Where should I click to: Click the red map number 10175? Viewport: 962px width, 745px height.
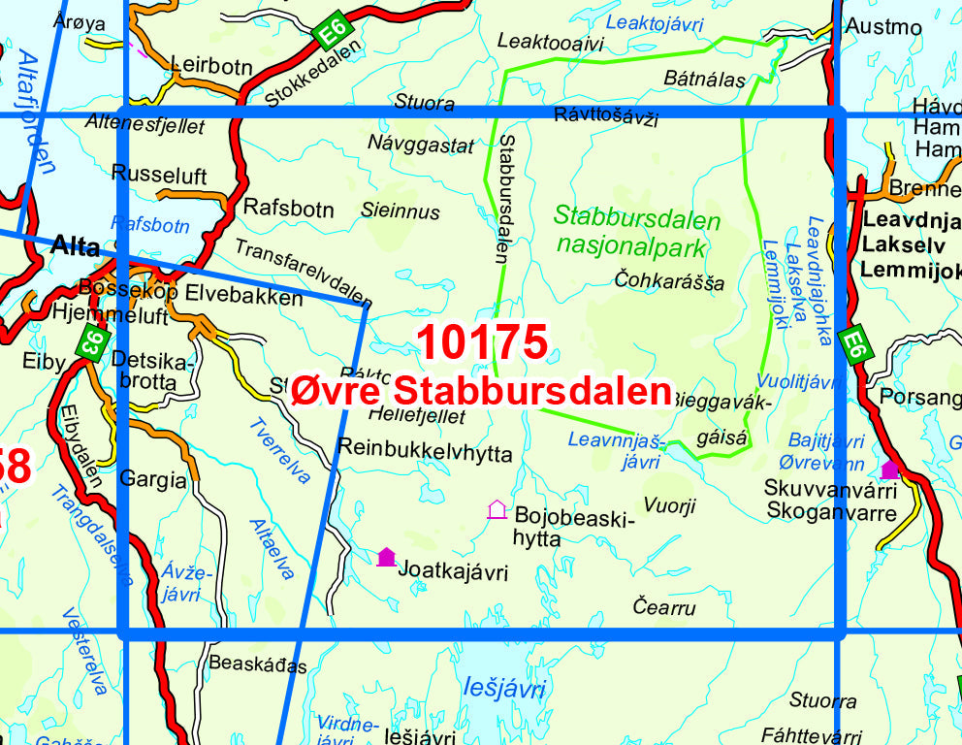[482, 342]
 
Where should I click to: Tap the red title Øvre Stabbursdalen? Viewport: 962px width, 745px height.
[482, 391]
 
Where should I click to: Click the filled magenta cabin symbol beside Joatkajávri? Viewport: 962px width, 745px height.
[386, 556]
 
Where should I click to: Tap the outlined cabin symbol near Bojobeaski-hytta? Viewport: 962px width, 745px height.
[497, 508]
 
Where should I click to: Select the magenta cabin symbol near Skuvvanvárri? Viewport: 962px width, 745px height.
[889, 470]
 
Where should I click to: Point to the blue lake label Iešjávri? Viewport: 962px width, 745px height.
[504, 690]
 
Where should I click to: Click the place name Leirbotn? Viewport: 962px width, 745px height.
[211, 66]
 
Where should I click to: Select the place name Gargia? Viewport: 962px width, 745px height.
[152, 478]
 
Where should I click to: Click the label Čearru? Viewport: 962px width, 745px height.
[664, 608]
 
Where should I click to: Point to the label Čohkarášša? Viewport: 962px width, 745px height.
[670, 282]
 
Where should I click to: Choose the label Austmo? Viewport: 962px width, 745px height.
[883, 26]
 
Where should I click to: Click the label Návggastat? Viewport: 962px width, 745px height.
[421, 146]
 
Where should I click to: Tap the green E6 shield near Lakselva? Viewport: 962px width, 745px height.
[852, 345]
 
